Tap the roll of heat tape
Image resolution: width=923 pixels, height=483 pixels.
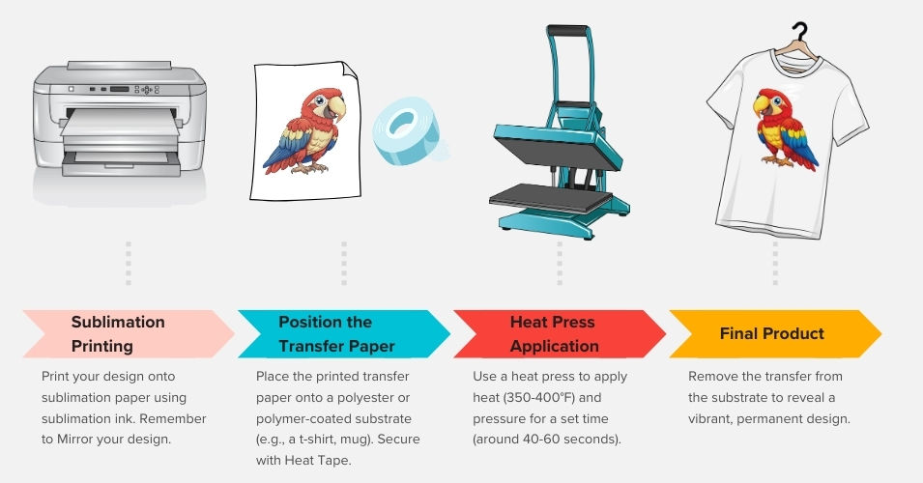[x=409, y=131]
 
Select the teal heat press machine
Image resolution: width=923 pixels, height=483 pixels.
[x=560, y=132]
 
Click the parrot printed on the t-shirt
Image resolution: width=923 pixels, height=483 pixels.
[x=784, y=128]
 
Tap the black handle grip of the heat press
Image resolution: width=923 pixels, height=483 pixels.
[x=566, y=30]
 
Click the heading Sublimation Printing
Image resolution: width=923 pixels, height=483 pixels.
[x=118, y=333]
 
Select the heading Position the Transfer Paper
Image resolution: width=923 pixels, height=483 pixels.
[x=336, y=333]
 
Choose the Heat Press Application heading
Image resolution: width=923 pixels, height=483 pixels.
[x=554, y=333]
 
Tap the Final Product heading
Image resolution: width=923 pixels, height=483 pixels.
[x=771, y=333]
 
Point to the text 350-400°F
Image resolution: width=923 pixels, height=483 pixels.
[x=539, y=398]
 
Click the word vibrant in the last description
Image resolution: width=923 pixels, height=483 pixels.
[x=710, y=419]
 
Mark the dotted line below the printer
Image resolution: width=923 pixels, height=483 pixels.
[x=129, y=263]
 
